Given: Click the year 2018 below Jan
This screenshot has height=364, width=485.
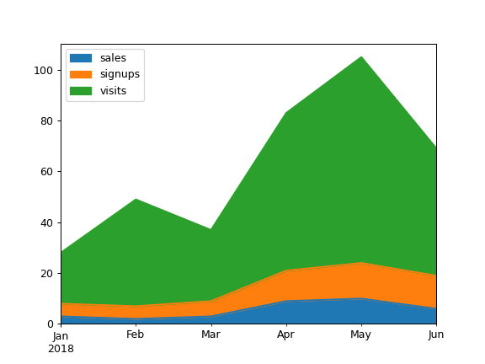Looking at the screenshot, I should tap(61, 348).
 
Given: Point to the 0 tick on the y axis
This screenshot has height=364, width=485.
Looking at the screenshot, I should tap(51, 324).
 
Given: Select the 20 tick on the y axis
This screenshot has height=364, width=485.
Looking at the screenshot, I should tap(48, 274).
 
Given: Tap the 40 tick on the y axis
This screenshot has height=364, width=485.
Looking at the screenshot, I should tap(48, 222).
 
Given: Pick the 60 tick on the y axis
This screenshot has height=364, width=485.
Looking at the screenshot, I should tap(48, 172).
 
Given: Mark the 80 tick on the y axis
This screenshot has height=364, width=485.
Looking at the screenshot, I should tap(48, 121).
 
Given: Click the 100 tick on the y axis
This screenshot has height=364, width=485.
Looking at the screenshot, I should tap(45, 70).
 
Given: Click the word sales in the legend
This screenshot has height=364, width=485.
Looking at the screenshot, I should tap(113, 58).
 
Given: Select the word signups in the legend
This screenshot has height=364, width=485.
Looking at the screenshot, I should tap(120, 74).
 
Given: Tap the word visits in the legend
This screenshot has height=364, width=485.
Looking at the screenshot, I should tap(113, 90).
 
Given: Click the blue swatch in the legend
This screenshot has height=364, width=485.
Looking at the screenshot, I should tap(81, 58).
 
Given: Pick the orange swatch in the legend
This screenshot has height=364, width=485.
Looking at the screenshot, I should tap(81, 74).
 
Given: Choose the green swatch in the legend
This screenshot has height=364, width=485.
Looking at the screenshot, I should tap(81, 90).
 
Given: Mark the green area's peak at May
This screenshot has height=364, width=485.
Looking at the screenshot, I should tap(361, 57).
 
